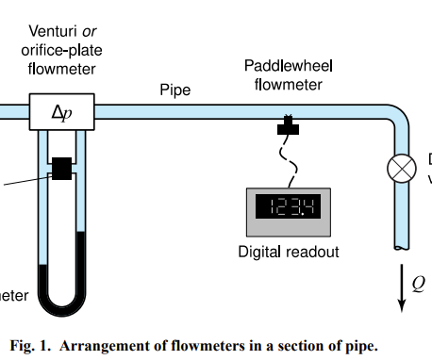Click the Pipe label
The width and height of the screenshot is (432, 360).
click(x=174, y=90)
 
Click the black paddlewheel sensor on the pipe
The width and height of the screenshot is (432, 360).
click(x=286, y=125)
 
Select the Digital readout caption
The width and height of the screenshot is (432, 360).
click(x=288, y=252)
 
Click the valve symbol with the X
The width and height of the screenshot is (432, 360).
click(x=402, y=170)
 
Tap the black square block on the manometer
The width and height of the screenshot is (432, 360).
click(x=62, y=169)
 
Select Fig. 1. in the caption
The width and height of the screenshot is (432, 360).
click(x=30, y=345)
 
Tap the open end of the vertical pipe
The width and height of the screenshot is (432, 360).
click(x=402, y=247)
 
